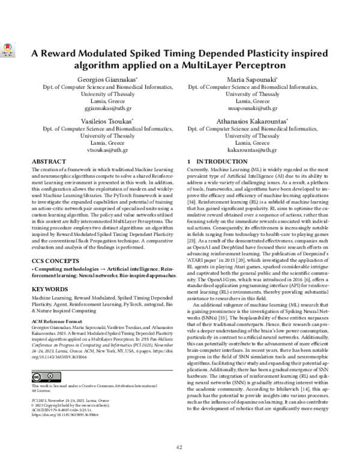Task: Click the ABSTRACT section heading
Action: pos(49,162)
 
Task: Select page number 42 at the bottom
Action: pos(179,447)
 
